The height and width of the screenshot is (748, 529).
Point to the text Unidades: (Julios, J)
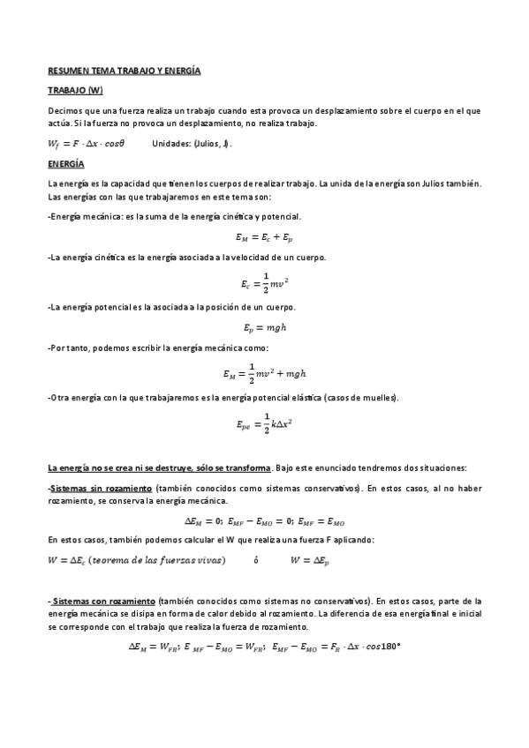click(x=192, y=145)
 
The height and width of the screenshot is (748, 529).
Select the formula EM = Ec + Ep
click(x=264, y=236)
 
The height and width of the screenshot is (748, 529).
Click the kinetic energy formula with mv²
click(x=264, y=283)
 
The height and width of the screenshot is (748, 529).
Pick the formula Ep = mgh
click(x=265, y=328)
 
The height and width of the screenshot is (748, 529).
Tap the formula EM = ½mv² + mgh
click(x=264, y=374)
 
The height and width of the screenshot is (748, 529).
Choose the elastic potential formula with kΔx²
click(x=264, y=423)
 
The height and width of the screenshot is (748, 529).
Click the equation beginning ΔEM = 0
click(x=264, y=521)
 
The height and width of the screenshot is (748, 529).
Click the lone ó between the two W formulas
click(x=256, y=559)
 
